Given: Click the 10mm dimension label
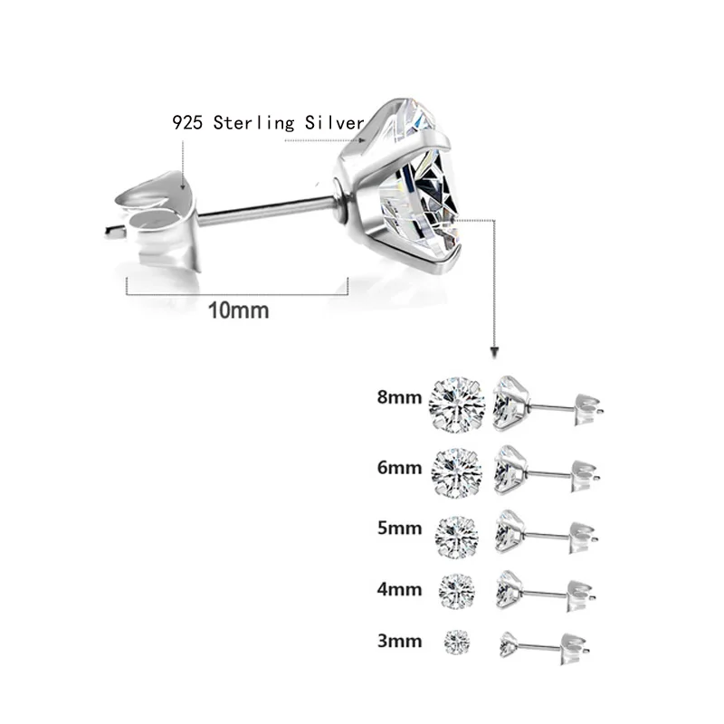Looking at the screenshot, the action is click(x=239, y=310).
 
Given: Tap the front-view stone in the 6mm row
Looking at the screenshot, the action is click(x=458, y=469).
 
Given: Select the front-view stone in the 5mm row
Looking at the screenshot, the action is click(x=458, y=532).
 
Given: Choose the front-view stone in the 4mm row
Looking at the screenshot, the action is click(x=458, y=591).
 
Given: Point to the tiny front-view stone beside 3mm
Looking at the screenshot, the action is click(x=458, y=642).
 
